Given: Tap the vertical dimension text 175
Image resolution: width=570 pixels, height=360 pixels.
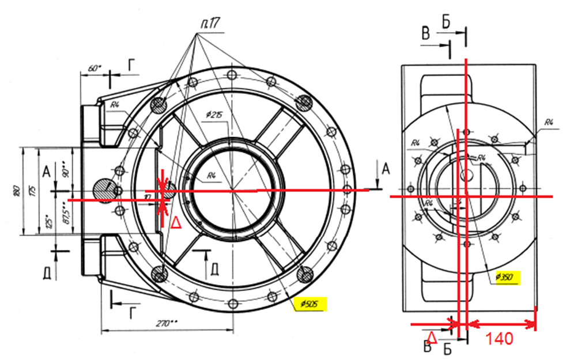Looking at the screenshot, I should pos(31,190).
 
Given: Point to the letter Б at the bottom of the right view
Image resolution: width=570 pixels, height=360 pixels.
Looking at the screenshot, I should pos(447,347).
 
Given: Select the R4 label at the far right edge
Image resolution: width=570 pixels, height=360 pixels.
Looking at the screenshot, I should pos(549,122).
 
